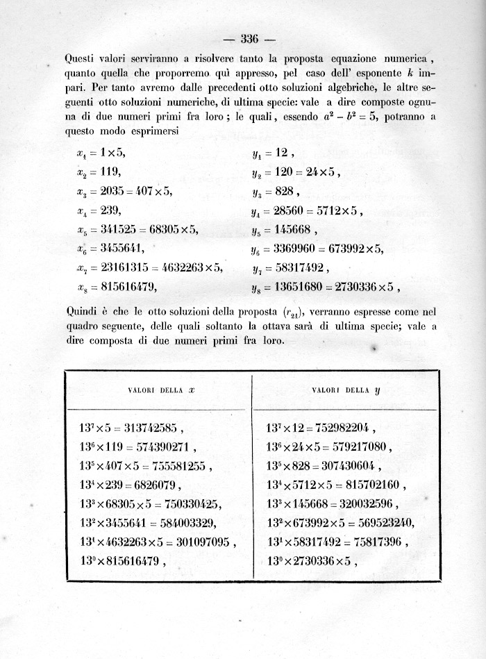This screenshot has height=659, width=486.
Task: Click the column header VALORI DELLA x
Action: point(161,390)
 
